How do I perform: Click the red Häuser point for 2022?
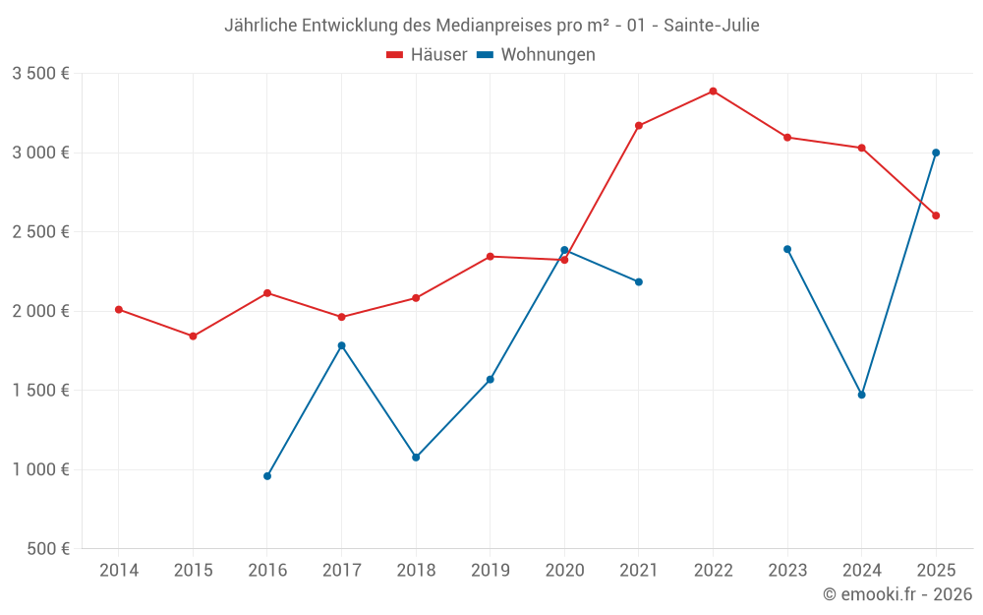point(713,92)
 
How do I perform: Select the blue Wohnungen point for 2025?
point(936,153)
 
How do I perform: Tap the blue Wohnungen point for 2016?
point(267,476)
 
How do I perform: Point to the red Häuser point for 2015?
point(193,337)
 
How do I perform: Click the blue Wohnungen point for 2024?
point(862,395)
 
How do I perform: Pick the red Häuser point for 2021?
point(639,126)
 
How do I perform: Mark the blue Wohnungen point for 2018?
point(416,458)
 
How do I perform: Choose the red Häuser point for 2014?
point(119,310)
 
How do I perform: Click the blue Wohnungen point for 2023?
point(787,249)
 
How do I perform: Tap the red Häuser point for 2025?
point(936,215)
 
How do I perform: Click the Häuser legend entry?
point(427,55)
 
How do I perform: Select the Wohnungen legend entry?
point(536,55)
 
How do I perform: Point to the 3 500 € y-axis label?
point(40,74)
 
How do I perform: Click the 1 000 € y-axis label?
point(40,469)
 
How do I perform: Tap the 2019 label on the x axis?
point(491,571)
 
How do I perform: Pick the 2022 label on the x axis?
point(713,571)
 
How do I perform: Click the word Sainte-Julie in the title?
point(711,25)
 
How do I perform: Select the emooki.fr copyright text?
point(897,594)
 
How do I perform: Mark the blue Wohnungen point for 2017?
point(341,345)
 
